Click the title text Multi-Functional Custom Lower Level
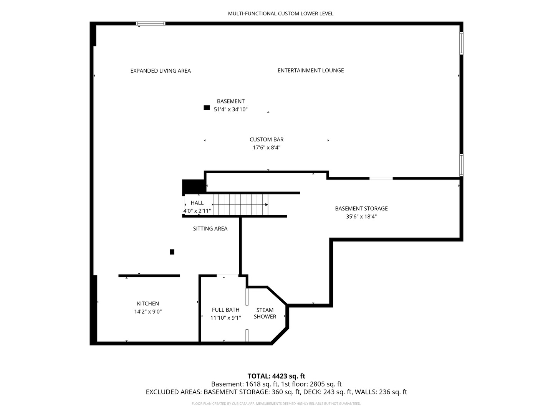tap(280, 13)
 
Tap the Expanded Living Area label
tap(161, 71)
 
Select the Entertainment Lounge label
tap(311, 71)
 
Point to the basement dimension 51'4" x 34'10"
tap(231, 110)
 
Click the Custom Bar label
tap(267, 139)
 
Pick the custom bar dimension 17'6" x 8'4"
tap(267, 148)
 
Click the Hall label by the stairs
tap(197, 203)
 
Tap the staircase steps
tap(240, 204)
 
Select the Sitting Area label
tap(210, 229)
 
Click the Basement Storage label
tap(361, 209)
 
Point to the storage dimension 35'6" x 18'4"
tap(361, 217)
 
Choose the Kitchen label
tap(148, 304)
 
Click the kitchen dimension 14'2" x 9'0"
tap(148, 312)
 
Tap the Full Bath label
tap(226, 310)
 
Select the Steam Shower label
tap(265, 314)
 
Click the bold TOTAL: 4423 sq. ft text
tap(276, 376)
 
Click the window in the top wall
tap(151, 24)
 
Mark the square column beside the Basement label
tap(207, 108)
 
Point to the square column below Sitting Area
tap(172, 252)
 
